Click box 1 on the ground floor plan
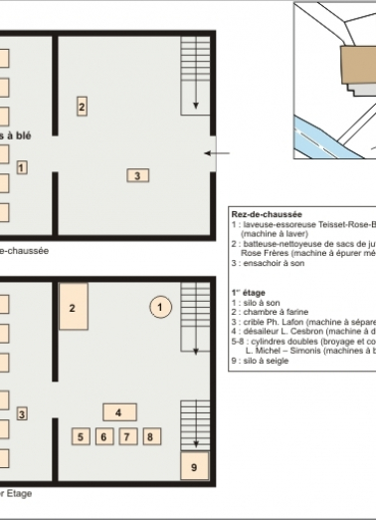point(22,167)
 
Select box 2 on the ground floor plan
point(82,106)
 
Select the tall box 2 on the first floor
point(74,308)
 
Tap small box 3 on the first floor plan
point(21,413)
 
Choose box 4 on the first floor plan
point(118,411)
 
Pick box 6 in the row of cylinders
point(102,436)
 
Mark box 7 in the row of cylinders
point(126,436)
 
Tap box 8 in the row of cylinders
point(149,436)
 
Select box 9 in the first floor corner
point(194,465)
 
